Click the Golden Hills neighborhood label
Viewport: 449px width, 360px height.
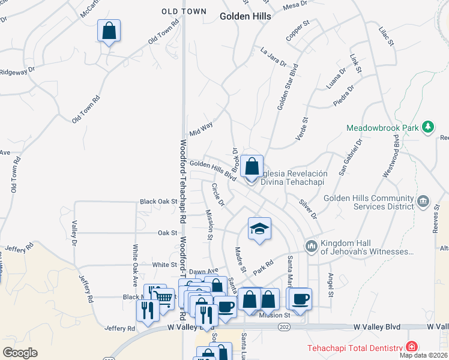(245, 16)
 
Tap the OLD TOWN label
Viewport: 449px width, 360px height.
(184, 11)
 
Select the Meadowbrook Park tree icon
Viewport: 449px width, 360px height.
(427, 127)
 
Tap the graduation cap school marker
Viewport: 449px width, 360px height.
(259, 229)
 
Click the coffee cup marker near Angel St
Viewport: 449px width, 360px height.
(300, 298)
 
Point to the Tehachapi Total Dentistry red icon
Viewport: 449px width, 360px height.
(411, 347)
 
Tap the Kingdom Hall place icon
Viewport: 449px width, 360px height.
(311, 246)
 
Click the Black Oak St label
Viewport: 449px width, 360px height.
(158, 202)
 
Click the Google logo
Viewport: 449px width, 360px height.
(20, 352)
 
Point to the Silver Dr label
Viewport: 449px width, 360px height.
(308, 208)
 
